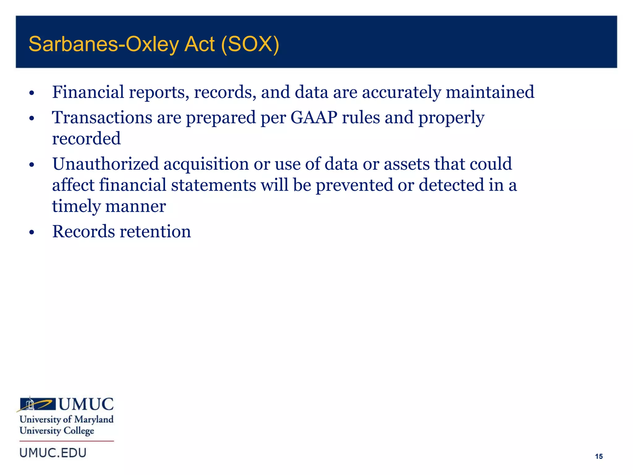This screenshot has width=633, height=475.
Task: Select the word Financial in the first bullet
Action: pos(88,92)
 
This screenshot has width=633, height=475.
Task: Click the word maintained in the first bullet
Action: pos(490,92)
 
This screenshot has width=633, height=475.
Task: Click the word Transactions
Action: pos(102,118)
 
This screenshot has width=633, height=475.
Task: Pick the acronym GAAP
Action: pos(314,118)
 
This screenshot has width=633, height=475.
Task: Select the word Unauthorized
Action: pos(105,164)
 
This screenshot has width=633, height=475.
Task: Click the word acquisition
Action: pos(206,165)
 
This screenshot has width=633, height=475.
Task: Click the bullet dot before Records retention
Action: pos(31,233)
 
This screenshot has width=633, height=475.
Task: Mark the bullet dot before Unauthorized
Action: pos(31,165)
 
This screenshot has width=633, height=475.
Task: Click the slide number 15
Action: pos(599,456)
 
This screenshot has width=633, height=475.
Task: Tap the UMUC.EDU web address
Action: pos(53,453)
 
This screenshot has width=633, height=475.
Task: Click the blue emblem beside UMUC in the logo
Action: pos(36,404)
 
